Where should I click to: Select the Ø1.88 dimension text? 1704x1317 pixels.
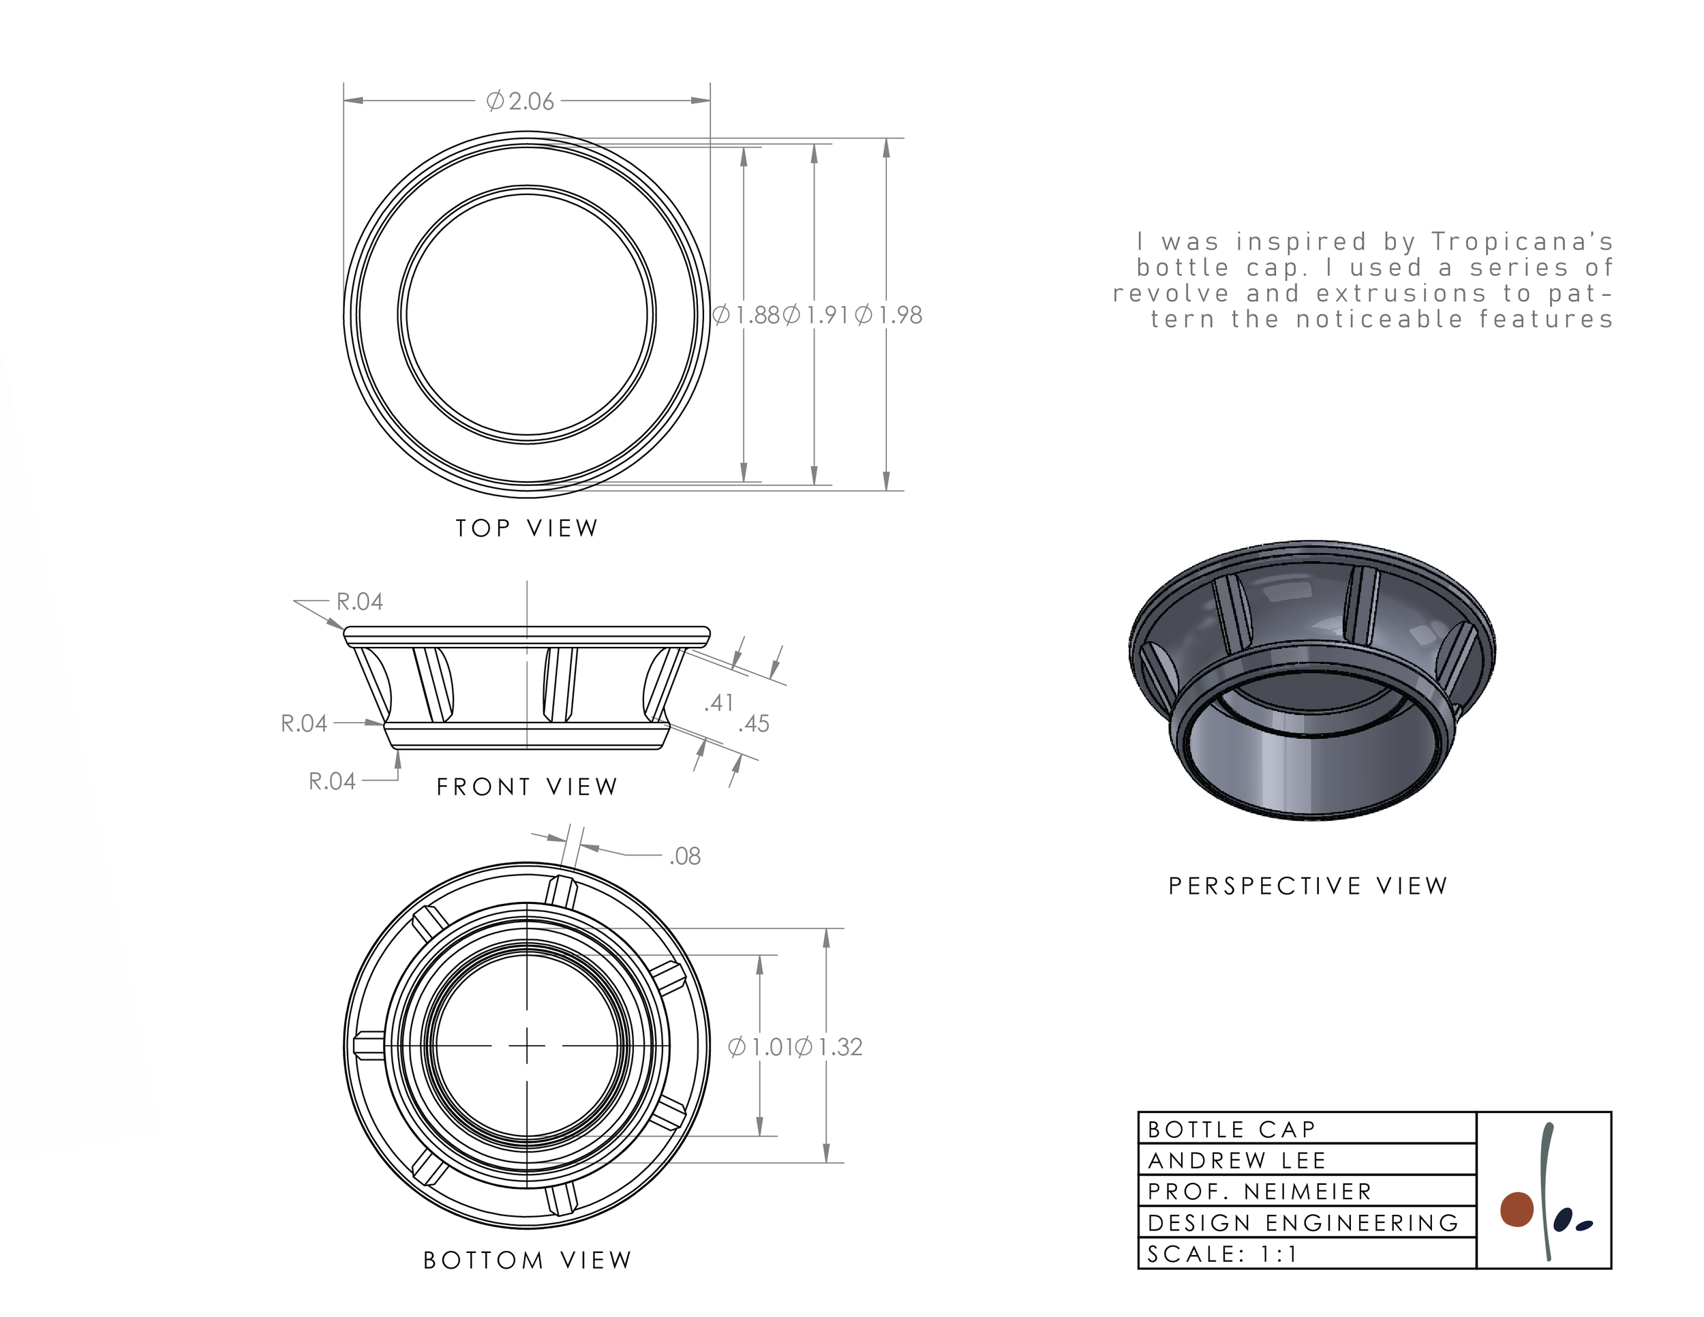[x=746, y=315]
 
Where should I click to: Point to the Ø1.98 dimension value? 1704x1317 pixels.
[x=889, y=315]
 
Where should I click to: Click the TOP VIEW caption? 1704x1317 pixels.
[x=528, y=528]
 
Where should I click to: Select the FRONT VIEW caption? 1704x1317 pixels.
[x=528, y=787]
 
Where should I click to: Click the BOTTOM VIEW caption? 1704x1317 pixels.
[x=528, y=1260]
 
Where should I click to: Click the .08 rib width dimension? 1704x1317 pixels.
[x=685, y=857]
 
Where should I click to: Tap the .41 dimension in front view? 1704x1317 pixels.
[x=718, y=703]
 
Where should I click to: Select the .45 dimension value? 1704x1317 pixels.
[x=754, y=724]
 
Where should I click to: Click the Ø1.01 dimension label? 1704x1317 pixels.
[x=760, y=1047]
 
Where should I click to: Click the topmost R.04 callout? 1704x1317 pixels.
[x=360, y=601]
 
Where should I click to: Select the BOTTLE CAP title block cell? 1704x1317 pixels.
[x=1307, y=1129]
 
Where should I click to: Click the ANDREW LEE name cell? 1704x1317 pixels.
[x=1307, y=1160]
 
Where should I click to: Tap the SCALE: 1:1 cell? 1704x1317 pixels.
[x=1307, y=1254]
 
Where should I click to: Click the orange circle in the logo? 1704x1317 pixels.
[x=1517, y=1210]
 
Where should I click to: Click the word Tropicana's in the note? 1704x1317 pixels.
[x=1521, y=242]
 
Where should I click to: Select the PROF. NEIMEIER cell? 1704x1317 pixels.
[x=1307, y=1192]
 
